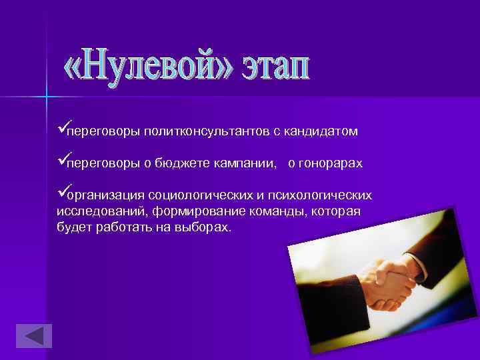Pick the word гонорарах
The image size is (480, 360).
pos(330,164)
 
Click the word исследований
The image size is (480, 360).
pos(101,212)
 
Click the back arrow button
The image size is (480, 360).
pos(33,336)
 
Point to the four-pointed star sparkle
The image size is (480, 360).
pos(47,97)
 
